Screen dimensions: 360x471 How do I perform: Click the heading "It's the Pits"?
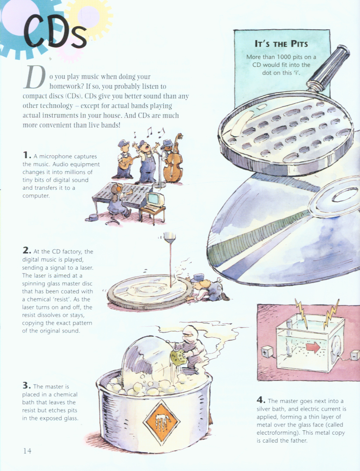pos(281,44)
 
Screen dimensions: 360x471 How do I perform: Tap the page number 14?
pos(27,451)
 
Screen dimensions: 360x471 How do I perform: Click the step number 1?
pos(27,155)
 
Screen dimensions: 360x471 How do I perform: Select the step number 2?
pos(27,250)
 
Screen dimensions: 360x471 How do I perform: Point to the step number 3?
pos(26,385)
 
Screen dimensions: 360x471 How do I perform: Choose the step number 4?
pos(261,400)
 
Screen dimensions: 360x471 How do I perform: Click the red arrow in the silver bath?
pos(313,347)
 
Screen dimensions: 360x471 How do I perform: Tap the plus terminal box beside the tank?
pos(267,352)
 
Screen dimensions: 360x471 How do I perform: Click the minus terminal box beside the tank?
pos(355,355)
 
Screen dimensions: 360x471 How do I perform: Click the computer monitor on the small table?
pos(155,200)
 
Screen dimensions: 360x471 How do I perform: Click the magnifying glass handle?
pos(328,68)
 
